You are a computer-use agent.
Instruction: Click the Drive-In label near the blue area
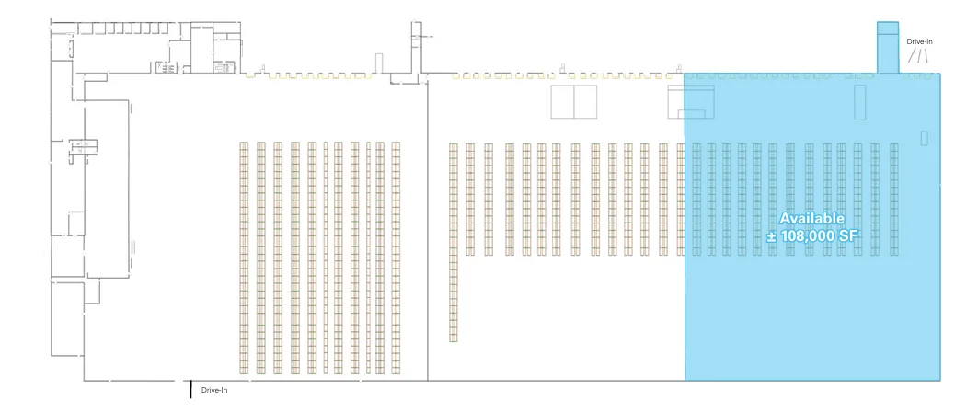[x=919, y=41]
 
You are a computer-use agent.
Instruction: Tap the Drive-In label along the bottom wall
[x=214, y=391]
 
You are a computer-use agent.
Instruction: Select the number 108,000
[x=808, y=235]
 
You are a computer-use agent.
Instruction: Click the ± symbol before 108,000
[x=772, y=236]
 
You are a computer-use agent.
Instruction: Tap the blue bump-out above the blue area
[x=888, y=48]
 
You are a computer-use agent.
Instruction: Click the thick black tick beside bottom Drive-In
[x=190, y=388]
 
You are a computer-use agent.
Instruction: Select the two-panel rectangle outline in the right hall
[x=574, y=101]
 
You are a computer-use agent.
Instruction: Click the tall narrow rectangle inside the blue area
[x=860, y=103]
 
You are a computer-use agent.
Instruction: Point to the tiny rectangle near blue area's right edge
[x=925, y=138]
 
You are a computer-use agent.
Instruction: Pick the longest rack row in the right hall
[x=453, y=243]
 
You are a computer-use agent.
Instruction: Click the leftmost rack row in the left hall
[x=244, y=258]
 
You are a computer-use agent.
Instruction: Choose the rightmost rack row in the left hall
[x=396, y=258]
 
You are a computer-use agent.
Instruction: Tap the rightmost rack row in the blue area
[x=893, y=200]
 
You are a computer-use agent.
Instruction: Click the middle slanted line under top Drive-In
[x=919, y=55]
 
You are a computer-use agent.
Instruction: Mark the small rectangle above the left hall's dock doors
[x=378, y=63]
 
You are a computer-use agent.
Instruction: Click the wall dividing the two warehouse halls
[x=427, y=231]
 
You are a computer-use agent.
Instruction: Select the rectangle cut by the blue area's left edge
[x=691, y=101]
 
